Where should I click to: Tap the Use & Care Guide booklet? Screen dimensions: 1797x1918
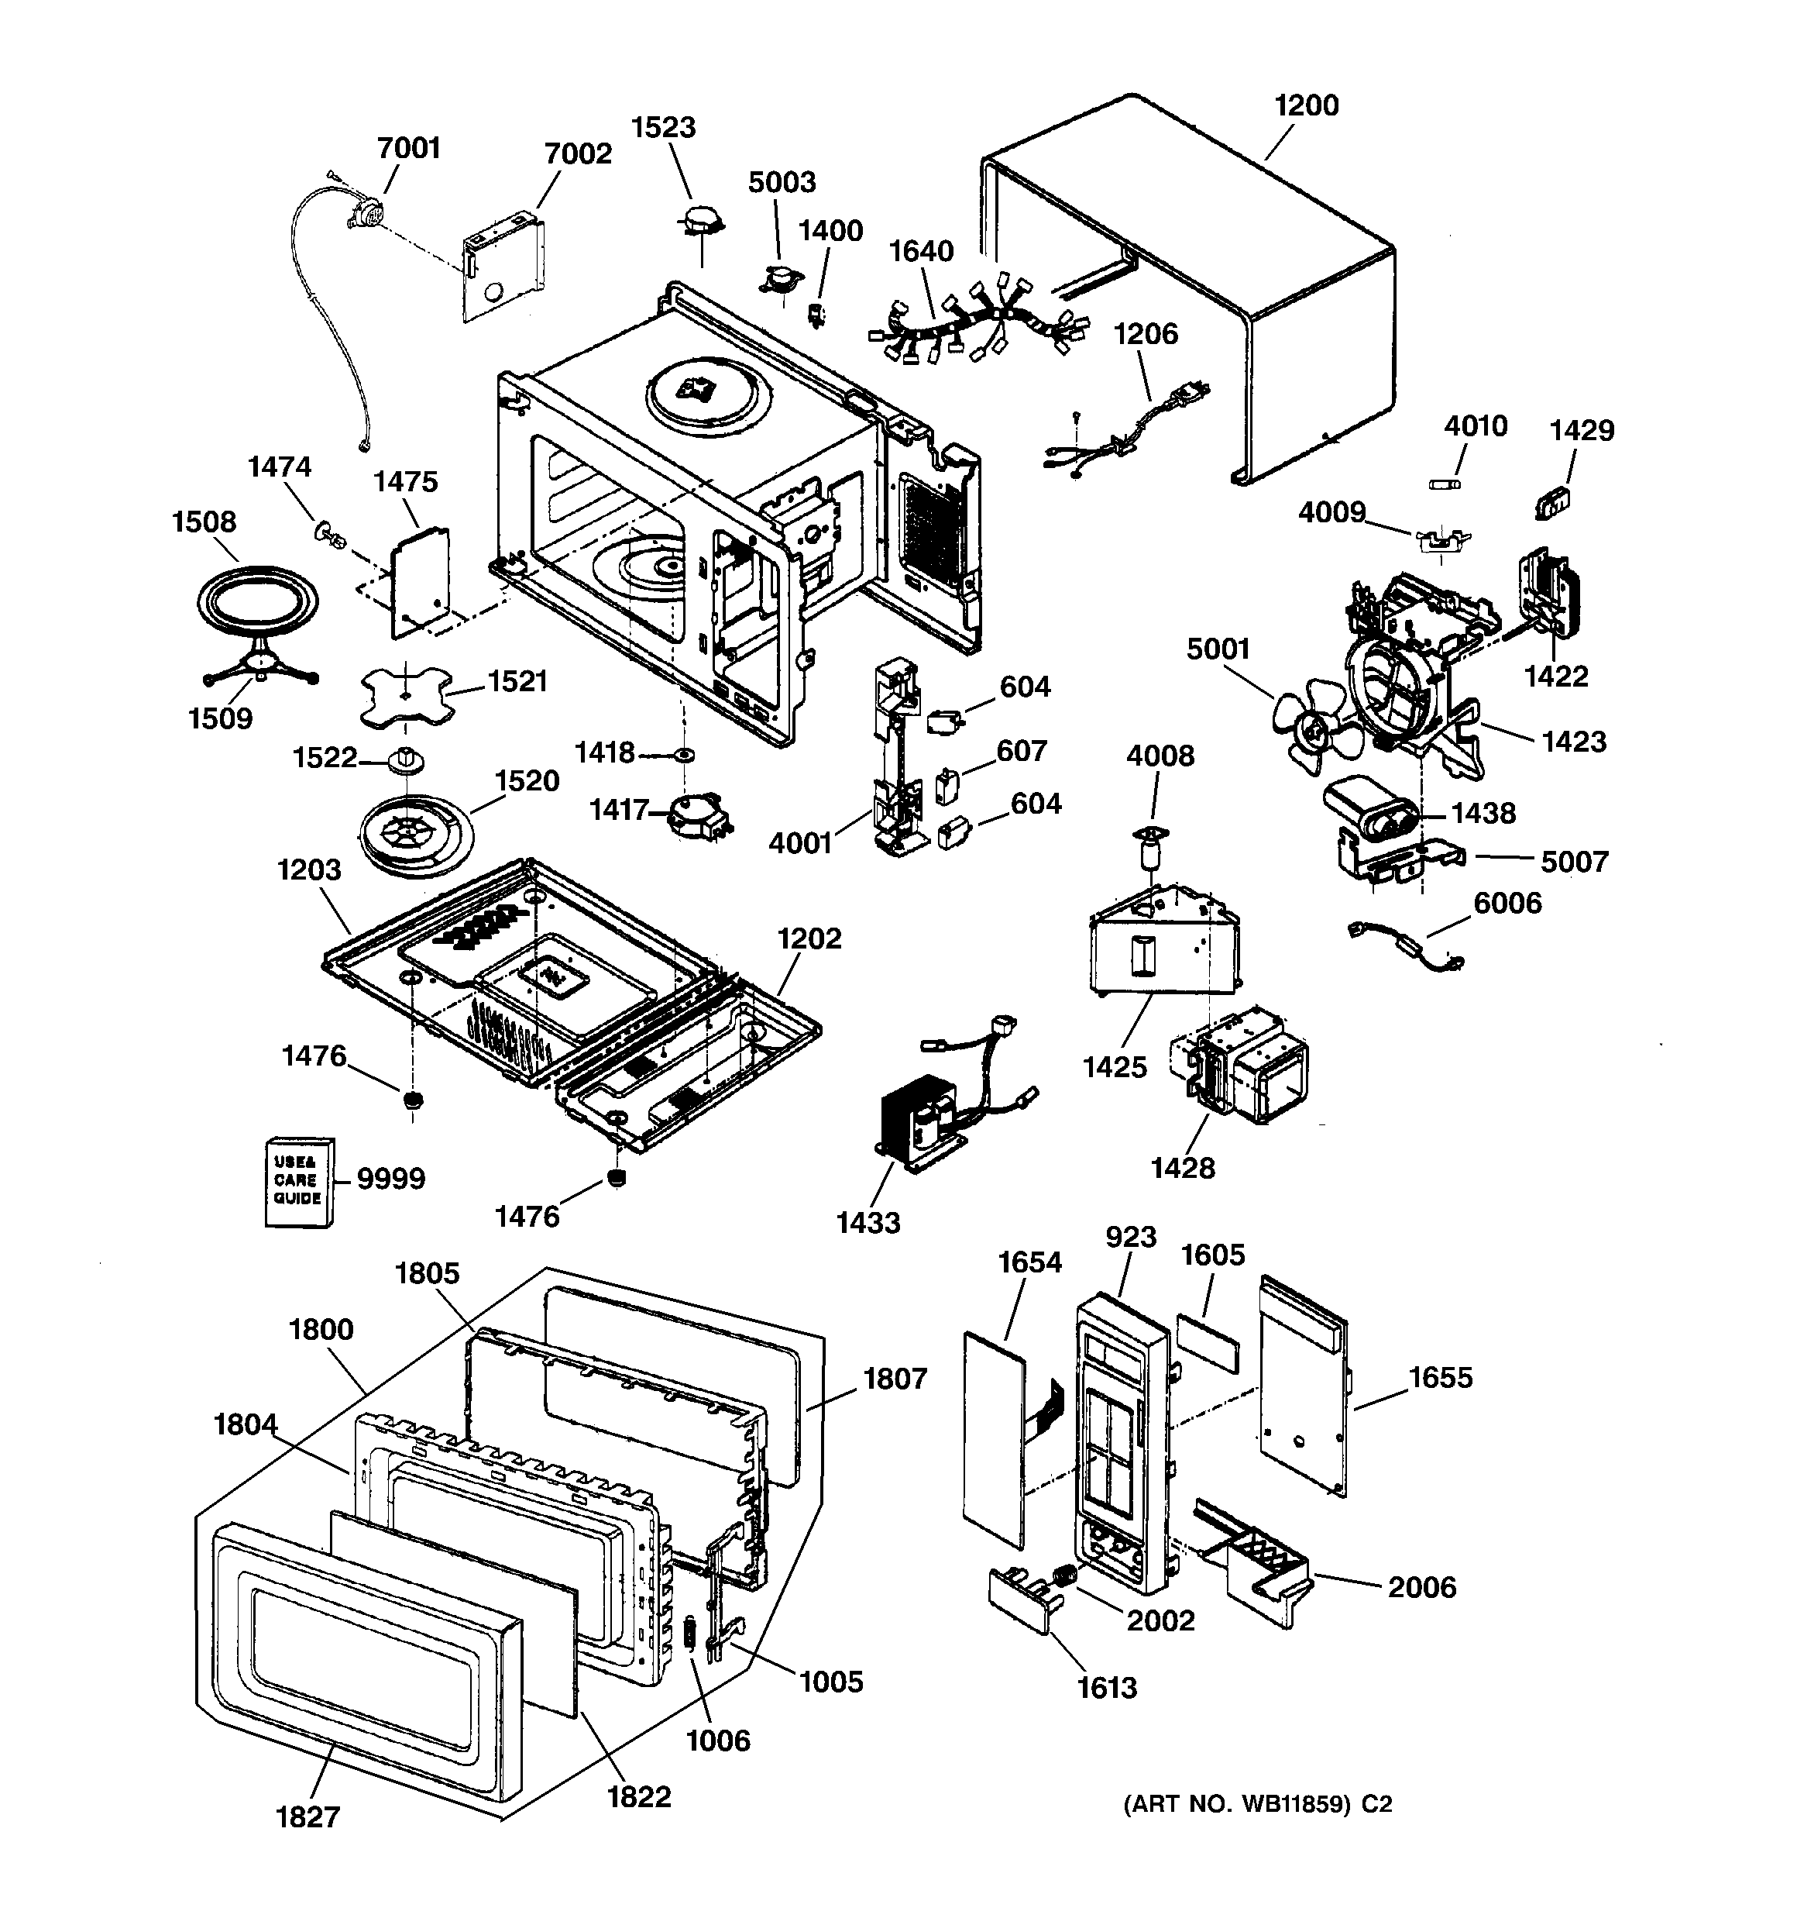(300, 1182)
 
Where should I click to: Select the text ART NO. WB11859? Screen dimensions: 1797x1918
(1238, 1803)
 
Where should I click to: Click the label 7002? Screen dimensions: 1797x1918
(578, 153)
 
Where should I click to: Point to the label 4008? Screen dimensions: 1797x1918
(1160, 756)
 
